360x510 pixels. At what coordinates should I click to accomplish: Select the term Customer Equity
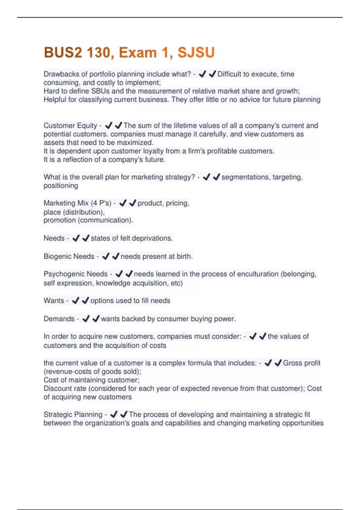tap(70, 125)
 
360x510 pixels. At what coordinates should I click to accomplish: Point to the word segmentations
tap(246, 177)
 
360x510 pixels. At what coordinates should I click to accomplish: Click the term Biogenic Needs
tap(69, 256)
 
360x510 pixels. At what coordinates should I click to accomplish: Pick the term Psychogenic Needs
tap(75, 274)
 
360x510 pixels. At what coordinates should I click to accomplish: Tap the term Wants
tap(54, 301)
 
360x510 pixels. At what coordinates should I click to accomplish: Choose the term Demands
tap(59, 319)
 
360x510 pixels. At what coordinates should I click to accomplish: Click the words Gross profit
tap(301, 363)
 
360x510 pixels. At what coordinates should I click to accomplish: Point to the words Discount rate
tap(64, 388)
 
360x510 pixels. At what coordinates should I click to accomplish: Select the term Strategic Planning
tap(73, 415)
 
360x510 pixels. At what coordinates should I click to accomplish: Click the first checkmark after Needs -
tap(76, 238)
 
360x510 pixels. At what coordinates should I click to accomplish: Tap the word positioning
tap(61, 186)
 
